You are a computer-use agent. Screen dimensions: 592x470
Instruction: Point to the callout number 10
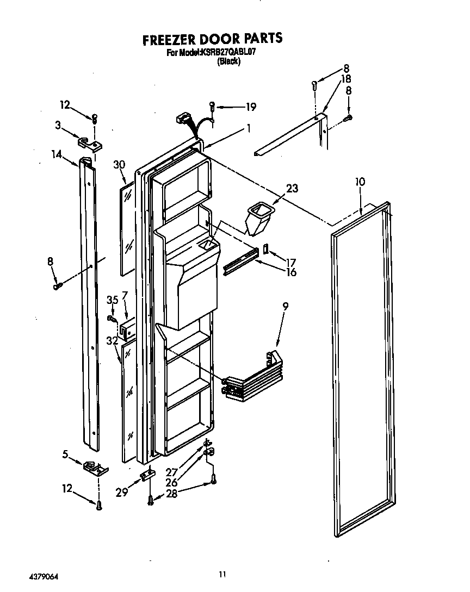pos(360,182)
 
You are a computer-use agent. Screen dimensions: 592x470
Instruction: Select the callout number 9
pos(286,307)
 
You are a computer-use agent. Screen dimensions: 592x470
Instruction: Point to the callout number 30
pos(120,164)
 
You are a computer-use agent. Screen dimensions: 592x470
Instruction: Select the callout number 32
pos(113,341)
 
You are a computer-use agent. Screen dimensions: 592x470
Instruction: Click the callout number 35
pos(112,300)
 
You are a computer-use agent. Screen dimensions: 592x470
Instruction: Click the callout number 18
pos(345,79)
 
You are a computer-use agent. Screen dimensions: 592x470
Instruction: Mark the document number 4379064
pos(33,573)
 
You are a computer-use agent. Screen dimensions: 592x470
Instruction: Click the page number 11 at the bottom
pos(221,574)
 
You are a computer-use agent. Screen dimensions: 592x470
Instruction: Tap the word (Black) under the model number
pos(228,61)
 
